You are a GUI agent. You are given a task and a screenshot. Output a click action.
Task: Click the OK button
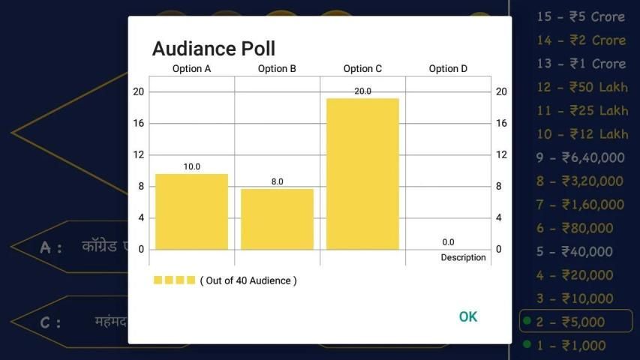coord(467,316)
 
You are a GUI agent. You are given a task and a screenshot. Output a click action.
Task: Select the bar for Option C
coord(362,174)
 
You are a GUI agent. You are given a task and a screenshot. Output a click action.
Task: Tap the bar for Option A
coord(191,211)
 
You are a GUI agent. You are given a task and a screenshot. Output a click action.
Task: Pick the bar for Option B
coord(277,219)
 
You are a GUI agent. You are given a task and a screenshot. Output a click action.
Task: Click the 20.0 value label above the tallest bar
coord(362,91)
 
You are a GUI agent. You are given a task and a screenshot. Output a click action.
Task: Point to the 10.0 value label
coord(191,166)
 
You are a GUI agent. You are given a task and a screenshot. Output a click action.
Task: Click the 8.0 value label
coord(277,181)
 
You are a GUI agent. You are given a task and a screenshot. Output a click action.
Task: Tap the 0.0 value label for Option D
coord(448,242)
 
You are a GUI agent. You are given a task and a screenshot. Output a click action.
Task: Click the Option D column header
coord(448,68)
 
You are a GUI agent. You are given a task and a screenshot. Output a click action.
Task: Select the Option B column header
coord(277,68)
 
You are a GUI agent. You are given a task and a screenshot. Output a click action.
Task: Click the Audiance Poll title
coord(213,49)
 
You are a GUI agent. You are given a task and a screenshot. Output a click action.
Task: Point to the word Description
coord(463,257)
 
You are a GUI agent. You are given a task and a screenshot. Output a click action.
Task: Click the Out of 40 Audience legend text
coord(248,280)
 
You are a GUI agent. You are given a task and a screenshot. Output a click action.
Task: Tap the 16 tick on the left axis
coord(138,123)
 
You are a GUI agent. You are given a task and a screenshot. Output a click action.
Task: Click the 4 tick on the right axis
coord(500,217)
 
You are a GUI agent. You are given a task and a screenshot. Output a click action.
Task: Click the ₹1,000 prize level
coord(570,345)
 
